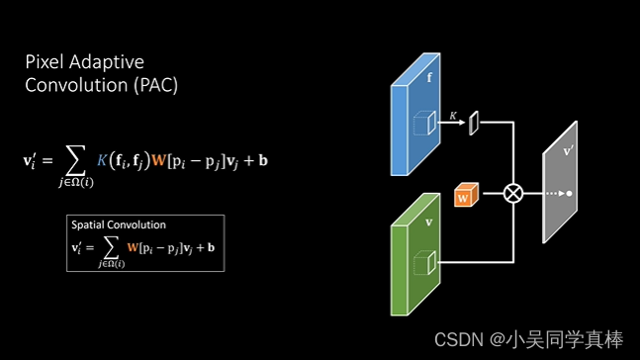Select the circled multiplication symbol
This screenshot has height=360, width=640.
pos(512,193)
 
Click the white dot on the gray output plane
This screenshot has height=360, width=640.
pos(569,193)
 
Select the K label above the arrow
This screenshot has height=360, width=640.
pos(453,116)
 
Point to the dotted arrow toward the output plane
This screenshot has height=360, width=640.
pos(548,193)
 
